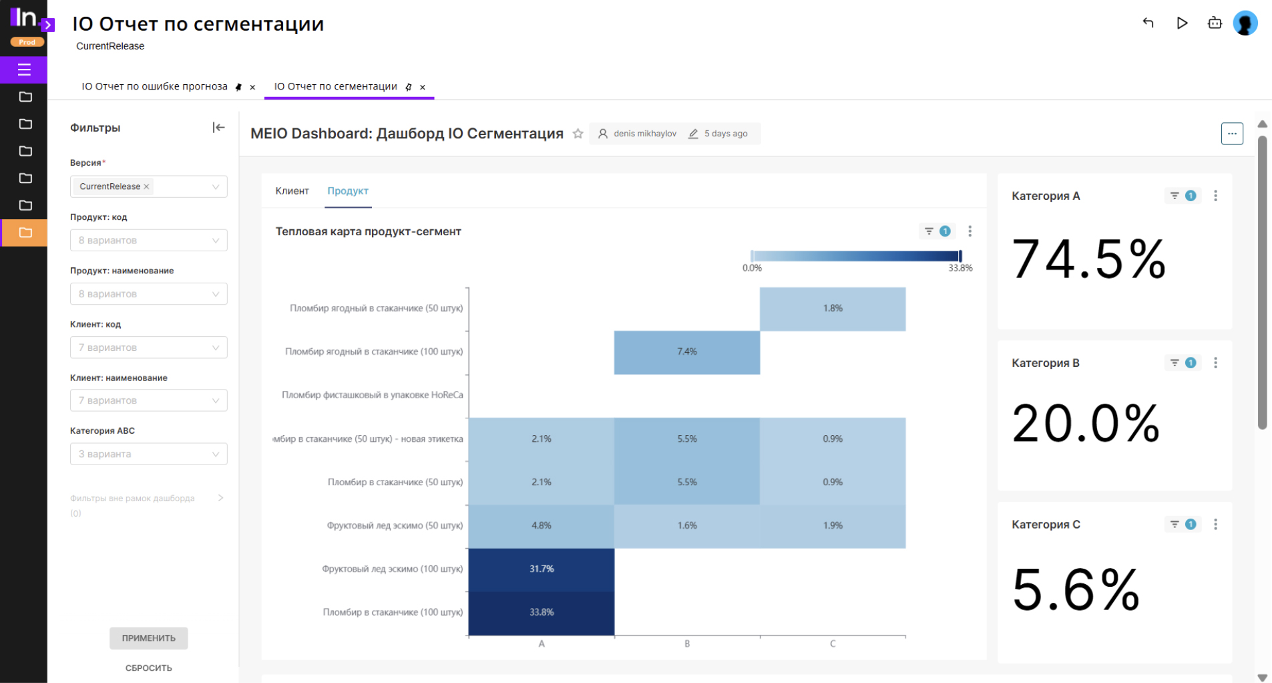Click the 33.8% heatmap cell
[x=542, y=612]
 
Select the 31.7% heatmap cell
[x=542, y=569]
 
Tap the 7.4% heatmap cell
[x=687, y=352]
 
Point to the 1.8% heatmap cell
[x=833, y=308]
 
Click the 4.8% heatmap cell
[x=542, y=526]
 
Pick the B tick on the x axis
[x=687, y=644]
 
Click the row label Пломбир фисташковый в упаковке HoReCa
[x=372, y=395]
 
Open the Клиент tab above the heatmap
[x=292, y=191]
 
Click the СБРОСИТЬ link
[x=149, y=668]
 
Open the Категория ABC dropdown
[x=148, y=454]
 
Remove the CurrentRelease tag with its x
[x=147, y=186]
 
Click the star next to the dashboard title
[x=578, y=134]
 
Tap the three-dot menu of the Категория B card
[x=1215, y=363]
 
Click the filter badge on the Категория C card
[x=1183, y=525]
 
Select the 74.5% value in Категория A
[x=1088, y=259]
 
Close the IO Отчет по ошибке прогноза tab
[x=252, y=88]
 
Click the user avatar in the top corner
[x=1245, y=23]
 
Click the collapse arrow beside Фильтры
[x=218, y=128]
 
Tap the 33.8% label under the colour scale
[x=960, y=268]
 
